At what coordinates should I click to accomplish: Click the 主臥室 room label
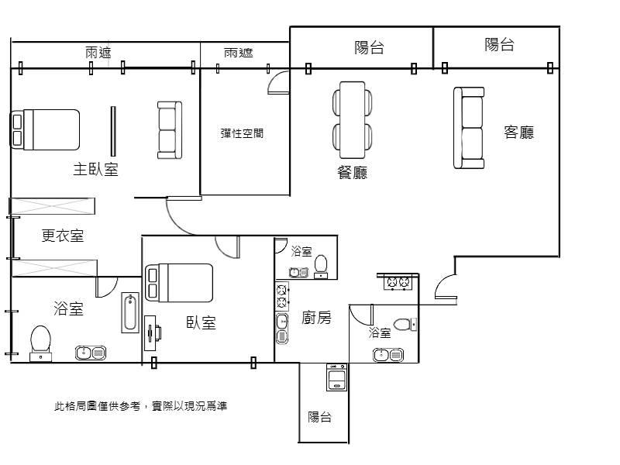tap(96, 169)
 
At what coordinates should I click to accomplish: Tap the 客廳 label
tap(518, 132)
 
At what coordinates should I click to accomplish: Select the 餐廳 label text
tap(352, 172)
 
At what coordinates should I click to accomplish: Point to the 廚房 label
tap(316, 317)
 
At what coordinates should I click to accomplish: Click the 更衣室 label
tap(63, 236)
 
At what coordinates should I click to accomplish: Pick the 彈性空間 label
tap(242, 133)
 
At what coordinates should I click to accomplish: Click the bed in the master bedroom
tap(46, 129)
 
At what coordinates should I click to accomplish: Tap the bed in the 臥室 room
tap(179, 283)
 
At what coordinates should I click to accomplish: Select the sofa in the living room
tap(469, 128)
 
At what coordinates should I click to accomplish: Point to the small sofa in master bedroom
tap(169, 129)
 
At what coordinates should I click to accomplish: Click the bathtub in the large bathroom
tap(130, 313)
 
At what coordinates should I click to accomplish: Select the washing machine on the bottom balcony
tap(336, 377)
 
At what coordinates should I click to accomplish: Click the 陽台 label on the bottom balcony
tap(320, 417)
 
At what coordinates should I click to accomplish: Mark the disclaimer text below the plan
tap(140, 405)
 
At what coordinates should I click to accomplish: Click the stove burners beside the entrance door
tap(398, 283)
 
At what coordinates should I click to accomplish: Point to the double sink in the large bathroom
tap(91, 353)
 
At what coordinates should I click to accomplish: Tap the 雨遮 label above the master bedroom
tap(98, 53)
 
